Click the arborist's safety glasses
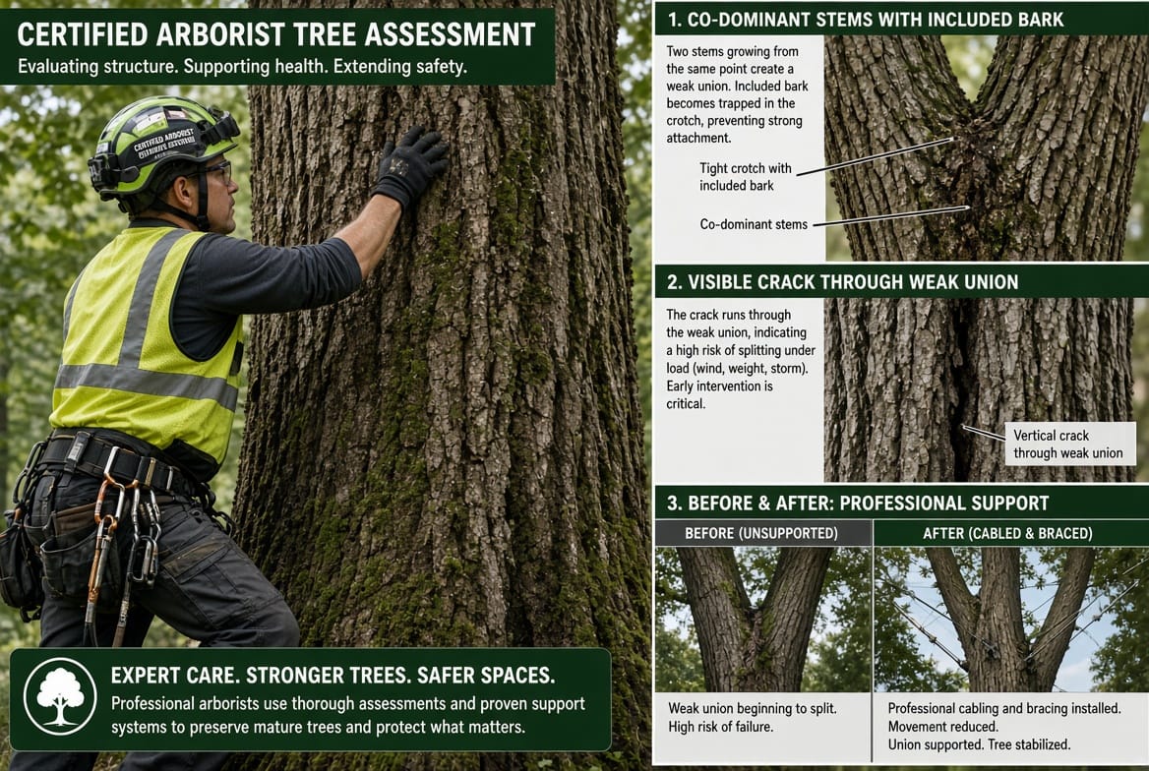216,171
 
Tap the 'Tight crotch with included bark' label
746,177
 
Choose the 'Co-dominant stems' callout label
754,224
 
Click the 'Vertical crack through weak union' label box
1070,444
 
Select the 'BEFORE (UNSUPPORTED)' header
761,534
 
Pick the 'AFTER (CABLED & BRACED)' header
1007,534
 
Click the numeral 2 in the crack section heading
672,282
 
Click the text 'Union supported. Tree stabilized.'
979,744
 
